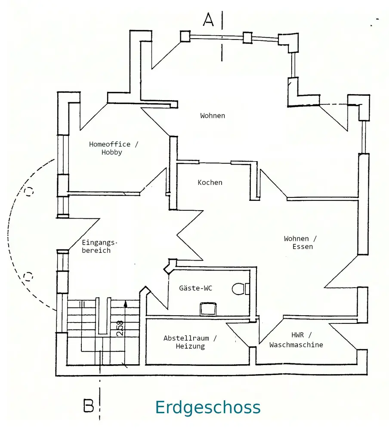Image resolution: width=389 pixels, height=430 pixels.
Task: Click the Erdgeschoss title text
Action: tap(208, 407)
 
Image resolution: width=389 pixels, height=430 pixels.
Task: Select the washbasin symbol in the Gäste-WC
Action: tap(208, 309)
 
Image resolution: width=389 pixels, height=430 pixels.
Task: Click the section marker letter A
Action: tap(208, 19)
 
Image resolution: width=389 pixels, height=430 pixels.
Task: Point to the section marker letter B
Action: tap(89, 406)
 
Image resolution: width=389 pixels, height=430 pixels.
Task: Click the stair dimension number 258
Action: tap(120, 328)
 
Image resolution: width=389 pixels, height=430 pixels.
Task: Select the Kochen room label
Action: tap(210, 182)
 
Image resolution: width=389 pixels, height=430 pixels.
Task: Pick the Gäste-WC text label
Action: tap(195, 288)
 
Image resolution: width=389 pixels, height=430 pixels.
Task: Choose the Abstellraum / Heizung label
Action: tap(190, 342)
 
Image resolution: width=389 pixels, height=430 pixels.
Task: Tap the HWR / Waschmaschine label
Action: tap(296, 340)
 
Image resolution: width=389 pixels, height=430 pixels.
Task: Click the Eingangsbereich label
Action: tap(96, 246)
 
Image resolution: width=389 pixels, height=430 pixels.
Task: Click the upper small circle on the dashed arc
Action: tap(29, 191)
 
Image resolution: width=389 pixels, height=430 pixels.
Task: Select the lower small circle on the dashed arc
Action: tap(28, 275)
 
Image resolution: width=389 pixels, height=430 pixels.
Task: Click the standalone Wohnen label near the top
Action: tap(213, 116)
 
